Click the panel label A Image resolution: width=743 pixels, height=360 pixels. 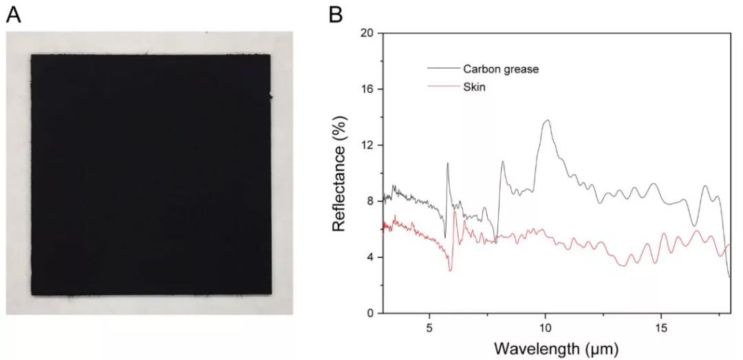14,14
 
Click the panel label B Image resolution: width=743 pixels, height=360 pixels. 336,14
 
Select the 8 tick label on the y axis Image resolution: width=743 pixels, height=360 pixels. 369,201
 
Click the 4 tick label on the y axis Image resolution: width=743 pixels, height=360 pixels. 369,257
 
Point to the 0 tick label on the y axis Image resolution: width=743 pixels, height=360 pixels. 369,313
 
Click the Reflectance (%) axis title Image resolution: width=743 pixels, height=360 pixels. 338,173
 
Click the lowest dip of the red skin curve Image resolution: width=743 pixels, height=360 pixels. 451,271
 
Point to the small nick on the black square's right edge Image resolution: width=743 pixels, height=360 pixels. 272,97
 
